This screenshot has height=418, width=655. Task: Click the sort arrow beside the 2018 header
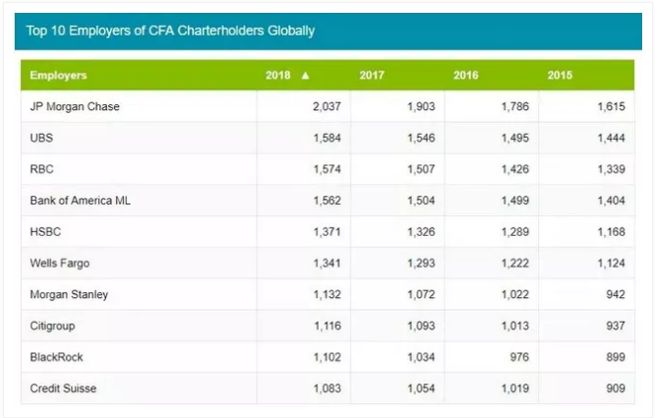(306, 75)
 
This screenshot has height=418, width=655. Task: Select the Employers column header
(58, 75)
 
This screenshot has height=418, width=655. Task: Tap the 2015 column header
(560, 75)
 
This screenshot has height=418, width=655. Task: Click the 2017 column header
(372, 75)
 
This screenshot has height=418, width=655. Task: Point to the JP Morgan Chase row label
(75, 106)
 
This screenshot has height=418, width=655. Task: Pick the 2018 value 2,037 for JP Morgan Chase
(326, 106)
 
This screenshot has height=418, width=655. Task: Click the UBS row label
(42, 138)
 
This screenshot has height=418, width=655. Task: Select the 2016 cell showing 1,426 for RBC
(512, 169)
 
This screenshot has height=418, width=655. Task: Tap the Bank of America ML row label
(81, 201)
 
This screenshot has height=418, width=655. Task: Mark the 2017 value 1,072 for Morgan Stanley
(419, 294)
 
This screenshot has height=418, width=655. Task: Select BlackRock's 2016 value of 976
(517, 357)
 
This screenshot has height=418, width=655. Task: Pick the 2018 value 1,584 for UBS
(326, 138)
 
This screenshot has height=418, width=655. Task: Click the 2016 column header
(466, 75)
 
